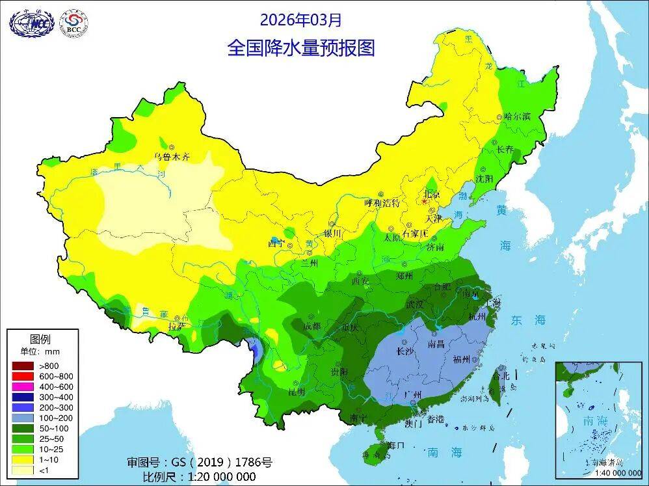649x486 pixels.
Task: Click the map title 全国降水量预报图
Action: click(x=300, y=48)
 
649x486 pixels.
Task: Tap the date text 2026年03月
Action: click(x=300, y=20)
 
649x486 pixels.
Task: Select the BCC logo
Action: click(x=73, y=23)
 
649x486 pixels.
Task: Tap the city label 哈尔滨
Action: click(x=518, y=116)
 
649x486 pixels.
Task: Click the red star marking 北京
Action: click(x=425, y=202)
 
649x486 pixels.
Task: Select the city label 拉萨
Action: click(x=176, y=326)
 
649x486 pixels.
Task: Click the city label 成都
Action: click(x=311, y=326)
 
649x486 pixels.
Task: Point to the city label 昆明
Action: click(x=297, y=392)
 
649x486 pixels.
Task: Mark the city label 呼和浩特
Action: click(x=381, y=202)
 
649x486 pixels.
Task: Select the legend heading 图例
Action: click(x=41, y=338)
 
